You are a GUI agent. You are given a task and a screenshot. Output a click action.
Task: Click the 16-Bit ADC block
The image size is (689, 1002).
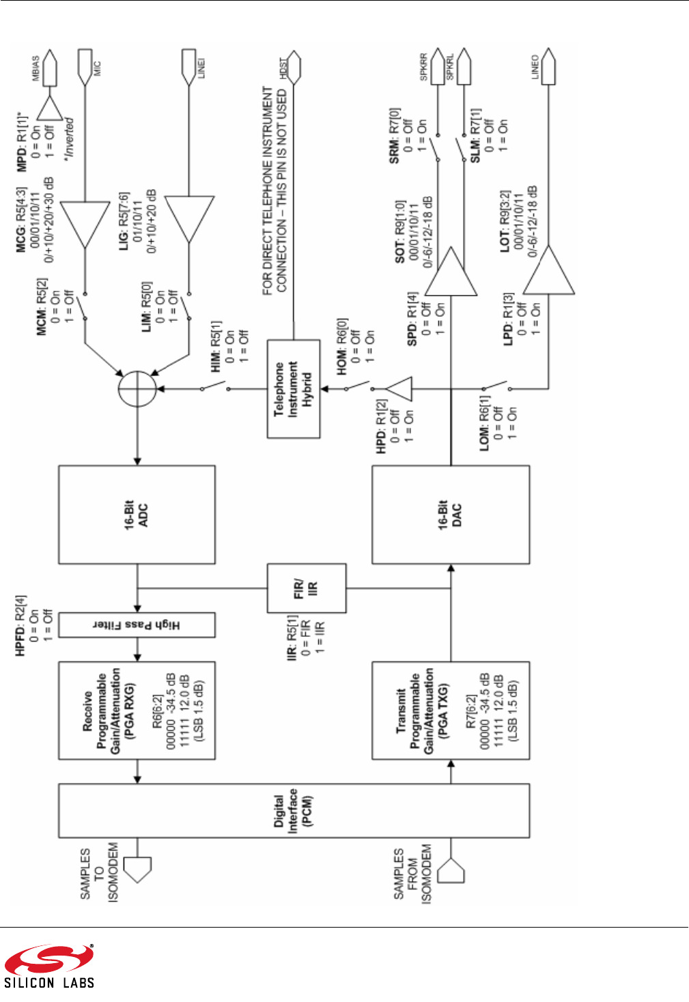[137, 515]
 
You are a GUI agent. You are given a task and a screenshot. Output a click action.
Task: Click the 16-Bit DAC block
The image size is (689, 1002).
[450, 515]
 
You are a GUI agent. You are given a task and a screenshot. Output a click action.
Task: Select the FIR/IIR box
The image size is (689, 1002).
[306, 588]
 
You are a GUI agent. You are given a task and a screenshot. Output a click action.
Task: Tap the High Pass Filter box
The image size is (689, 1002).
[137, 625]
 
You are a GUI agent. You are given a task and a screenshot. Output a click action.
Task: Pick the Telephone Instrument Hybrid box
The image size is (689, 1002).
[293, 389]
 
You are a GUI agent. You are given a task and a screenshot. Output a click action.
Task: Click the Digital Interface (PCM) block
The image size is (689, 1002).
[294, 811]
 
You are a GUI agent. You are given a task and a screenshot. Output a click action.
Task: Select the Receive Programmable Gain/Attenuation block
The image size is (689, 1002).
[137, 711]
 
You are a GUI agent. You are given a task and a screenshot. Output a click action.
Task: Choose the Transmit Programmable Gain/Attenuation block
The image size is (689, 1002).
[450, 711]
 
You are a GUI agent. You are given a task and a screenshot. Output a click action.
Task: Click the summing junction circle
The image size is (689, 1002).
[137, 389]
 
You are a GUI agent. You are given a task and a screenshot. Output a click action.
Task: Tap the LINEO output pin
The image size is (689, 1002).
[548, 67]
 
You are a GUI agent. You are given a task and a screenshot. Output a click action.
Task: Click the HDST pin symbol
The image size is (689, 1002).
[294, 68]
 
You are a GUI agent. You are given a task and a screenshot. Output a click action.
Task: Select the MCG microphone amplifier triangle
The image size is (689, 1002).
[85, 224]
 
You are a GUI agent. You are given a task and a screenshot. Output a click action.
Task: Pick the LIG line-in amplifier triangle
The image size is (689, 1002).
[190, 220]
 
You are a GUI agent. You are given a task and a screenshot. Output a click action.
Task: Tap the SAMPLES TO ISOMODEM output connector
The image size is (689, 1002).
[137, 869]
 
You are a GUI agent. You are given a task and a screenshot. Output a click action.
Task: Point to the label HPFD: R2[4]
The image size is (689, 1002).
[21, 626]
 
